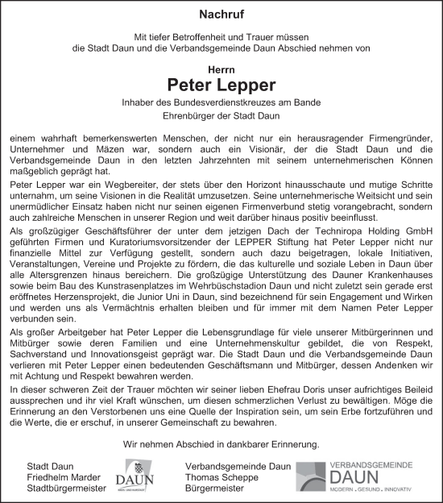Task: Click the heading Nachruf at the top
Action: [x=221, y=15]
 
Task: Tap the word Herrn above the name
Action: [x=221, y=70]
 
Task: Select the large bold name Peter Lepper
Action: [x=221, y=85]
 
